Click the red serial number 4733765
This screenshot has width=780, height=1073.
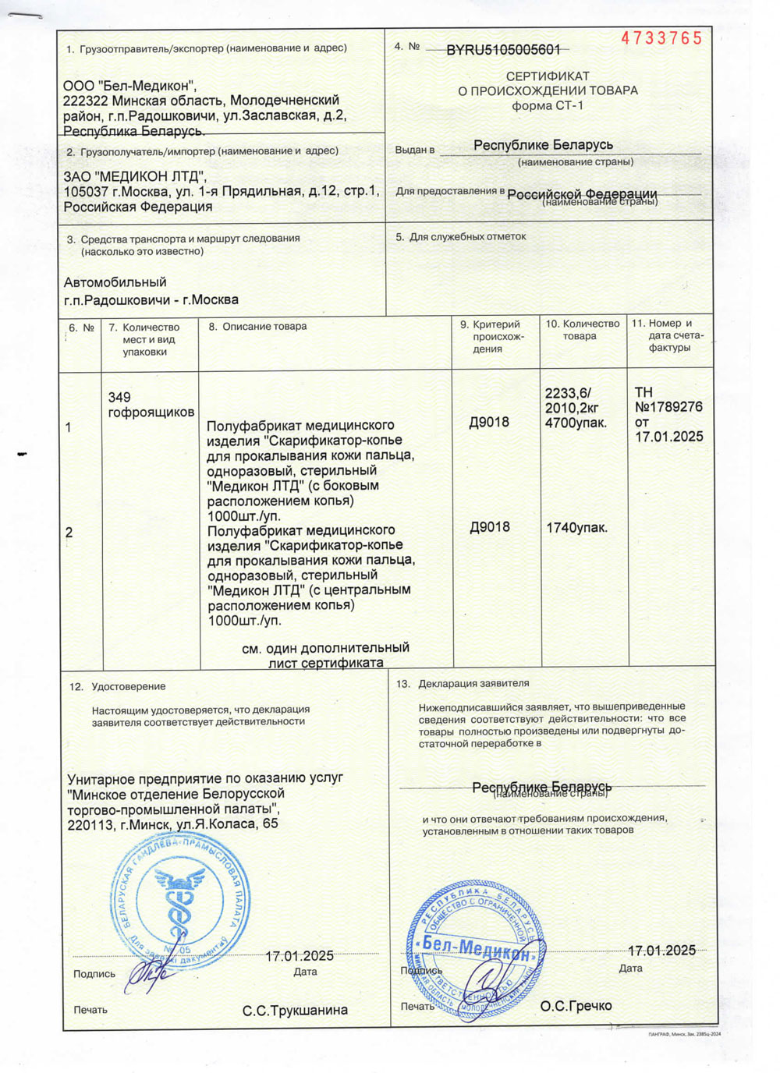click(x=661, y=39)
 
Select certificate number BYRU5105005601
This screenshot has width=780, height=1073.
click(x=503, y=50)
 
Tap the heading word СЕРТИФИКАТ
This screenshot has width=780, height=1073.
click(x=548, y=76)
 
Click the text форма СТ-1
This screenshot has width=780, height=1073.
click(x=548, y=105)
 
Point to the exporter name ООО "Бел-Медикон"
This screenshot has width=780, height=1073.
click(x=130, y=86)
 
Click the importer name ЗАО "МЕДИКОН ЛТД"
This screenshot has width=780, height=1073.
click(x=135, y=176)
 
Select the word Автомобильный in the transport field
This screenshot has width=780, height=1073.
click(x=115, y=282)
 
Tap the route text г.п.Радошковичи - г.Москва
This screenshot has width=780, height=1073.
click(x=151, y=300)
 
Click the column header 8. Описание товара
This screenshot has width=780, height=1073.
click(x=257, y=327)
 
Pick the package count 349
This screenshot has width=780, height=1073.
click(x=119, y=397)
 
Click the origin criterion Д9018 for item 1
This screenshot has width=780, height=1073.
click(x=489, y=422)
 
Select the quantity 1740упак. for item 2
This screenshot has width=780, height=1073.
click(x=576, y=528)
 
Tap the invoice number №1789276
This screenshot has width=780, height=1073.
click(x=668, y=407)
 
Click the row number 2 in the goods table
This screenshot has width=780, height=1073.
click(x=69, y=533)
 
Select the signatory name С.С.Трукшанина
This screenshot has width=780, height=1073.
click(x=295, y=1011)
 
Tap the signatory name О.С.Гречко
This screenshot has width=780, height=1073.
click(x=576, y=1006)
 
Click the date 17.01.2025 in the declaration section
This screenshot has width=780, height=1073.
click(x=661, y=951)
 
